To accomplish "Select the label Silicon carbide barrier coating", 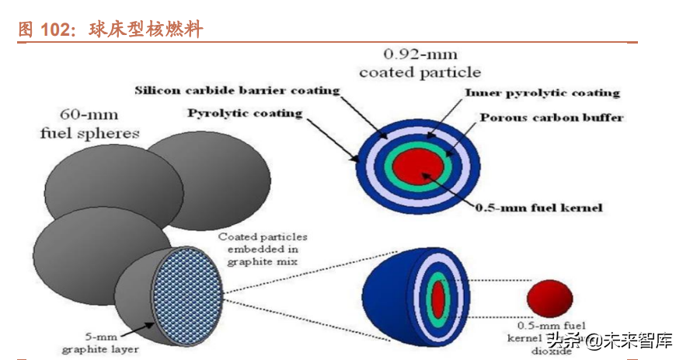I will coord(237,90).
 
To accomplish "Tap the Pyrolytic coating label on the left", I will coord(245,114).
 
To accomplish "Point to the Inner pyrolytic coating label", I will coord(542,93).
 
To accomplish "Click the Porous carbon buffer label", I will coord(551,118).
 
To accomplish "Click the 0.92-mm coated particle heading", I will coord(420,64).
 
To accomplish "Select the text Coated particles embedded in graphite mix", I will coord(262,249).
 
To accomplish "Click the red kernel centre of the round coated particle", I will coord(418,166).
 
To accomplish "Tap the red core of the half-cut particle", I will coord(437,297).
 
